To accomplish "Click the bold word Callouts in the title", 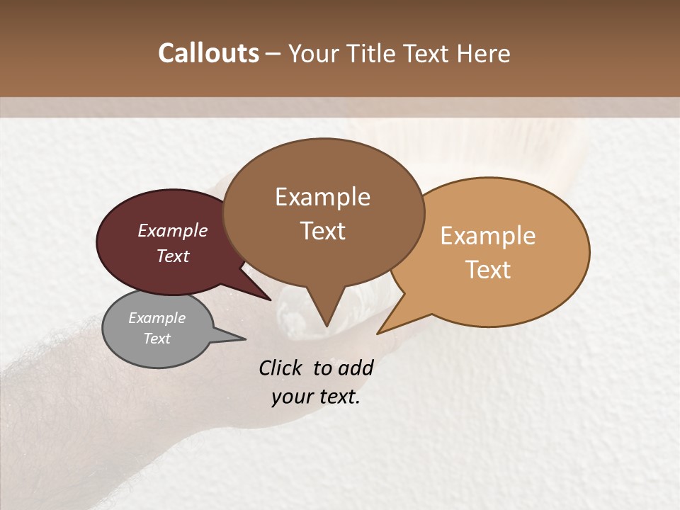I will tap(208, 53).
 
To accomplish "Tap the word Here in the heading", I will tap(484, 53).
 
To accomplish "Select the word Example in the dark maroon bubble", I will tap(173, 230).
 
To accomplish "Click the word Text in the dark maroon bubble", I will tap(173, 256).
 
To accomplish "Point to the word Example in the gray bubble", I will tap(157, 318).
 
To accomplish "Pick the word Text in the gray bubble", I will tap(157, 339).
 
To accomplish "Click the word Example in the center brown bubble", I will tap(322, 197).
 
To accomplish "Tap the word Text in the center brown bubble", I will tap(322, 231).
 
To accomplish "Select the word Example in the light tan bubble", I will tap(488, 236).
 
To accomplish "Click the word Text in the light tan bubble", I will tap(488, 270).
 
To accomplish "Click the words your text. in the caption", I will tap(316, 397).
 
